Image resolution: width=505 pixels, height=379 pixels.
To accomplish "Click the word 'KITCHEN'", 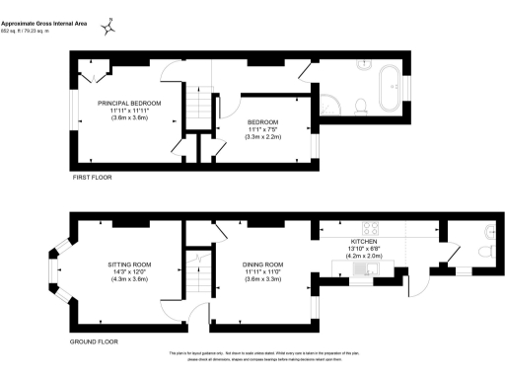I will click(364, 241).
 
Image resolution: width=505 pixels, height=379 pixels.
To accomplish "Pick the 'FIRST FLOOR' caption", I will click(94, 178).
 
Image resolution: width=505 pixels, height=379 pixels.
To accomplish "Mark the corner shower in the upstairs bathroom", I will click(328, 106).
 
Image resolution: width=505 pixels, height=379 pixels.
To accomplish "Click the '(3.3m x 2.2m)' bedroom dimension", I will click(264, 137).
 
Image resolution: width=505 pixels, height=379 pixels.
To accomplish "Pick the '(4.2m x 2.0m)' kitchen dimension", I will click(364, 257).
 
